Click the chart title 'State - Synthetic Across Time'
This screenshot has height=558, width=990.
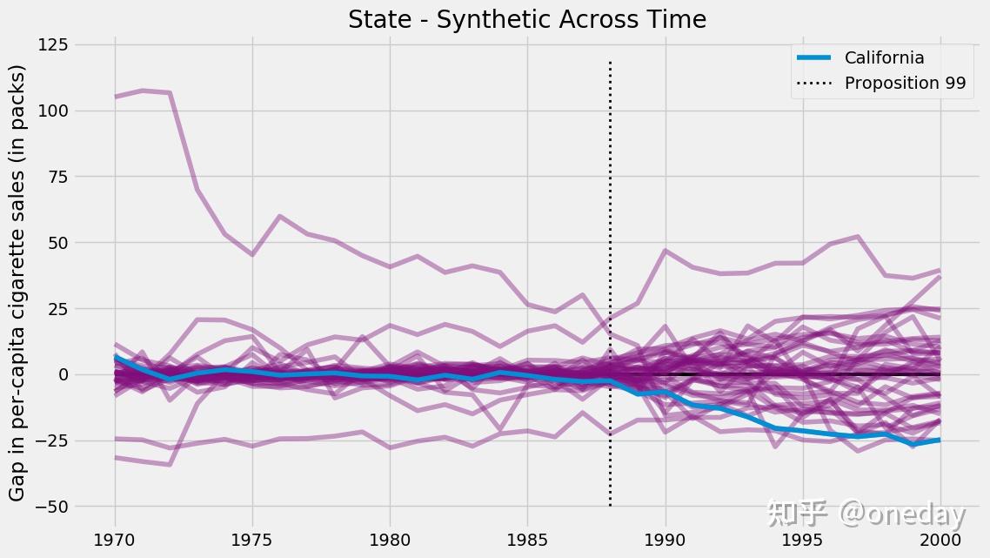527,19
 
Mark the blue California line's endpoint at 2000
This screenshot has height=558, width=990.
940,440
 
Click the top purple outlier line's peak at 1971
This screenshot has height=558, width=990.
143,91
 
